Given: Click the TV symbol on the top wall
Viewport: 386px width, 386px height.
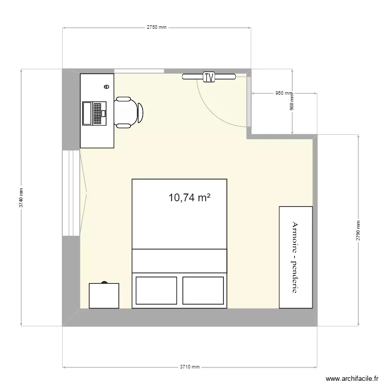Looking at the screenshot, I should (x=208, y=77).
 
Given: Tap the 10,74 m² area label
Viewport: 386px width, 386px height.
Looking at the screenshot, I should (x=189, y=197).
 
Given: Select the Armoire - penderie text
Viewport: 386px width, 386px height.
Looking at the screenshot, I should (x=295, y=257).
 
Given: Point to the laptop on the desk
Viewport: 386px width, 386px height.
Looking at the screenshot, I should (x=93, y=113).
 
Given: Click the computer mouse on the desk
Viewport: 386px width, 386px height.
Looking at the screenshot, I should (x=107, y=87).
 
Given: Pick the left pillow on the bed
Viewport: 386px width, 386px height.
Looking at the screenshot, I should (x=156, y=290).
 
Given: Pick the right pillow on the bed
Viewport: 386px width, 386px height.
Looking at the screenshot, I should (x=204, y=290).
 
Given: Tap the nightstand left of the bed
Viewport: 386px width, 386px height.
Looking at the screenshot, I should (x=104, y=296).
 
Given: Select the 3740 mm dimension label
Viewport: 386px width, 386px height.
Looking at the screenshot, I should (x=21, y=197).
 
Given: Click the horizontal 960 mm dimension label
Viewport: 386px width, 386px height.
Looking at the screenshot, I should (x=283, y=94).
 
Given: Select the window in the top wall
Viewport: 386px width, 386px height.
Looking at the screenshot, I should (x=139, y=71).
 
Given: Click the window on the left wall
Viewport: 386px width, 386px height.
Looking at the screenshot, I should (x=71, y=193).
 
